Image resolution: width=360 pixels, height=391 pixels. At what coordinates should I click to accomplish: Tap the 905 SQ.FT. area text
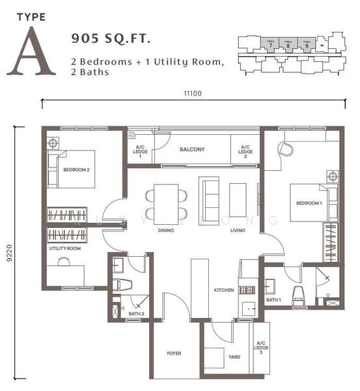[111, 39]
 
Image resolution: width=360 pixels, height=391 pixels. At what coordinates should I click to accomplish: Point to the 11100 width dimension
[193, 93]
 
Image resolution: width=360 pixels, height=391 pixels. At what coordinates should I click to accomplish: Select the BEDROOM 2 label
[76, 169]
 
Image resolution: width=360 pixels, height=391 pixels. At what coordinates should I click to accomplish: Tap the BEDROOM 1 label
[309, 203]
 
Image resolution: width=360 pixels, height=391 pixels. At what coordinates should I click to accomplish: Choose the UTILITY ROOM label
[64, 249]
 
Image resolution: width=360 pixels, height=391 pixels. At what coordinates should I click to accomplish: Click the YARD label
[234, 357]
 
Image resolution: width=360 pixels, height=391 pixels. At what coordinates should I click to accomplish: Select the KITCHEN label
[223, 290]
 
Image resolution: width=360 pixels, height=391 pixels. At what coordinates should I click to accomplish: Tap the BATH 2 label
[136, 314]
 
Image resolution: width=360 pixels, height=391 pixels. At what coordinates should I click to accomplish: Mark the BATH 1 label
[273, 300]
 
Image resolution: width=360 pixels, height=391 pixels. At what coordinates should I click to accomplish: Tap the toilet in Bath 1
[298, 295]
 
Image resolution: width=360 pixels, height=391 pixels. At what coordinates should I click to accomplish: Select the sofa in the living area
[209, 195]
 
